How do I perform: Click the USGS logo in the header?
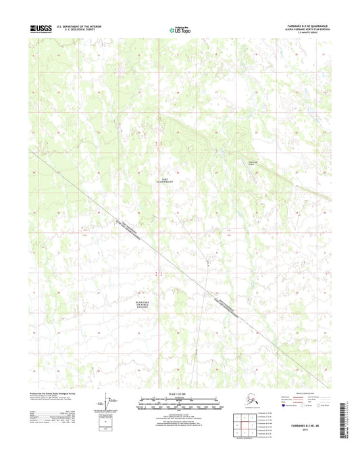click(x=41, y=28)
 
